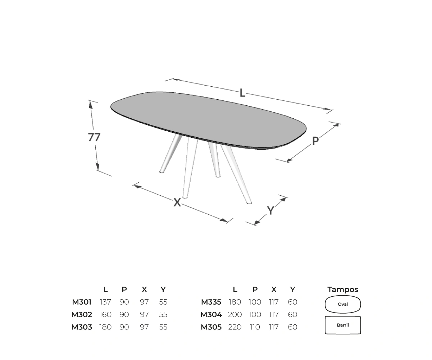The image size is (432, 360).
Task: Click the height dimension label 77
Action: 94,137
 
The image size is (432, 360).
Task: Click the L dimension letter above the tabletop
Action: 242,93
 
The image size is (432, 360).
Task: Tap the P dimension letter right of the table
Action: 315,141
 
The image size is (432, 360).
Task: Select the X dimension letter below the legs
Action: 177,202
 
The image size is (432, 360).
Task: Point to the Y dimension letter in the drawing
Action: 270,210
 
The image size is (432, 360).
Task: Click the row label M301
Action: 82,302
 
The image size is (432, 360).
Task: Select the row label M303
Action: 82,327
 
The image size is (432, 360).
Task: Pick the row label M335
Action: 211,302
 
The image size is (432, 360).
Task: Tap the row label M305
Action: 211,327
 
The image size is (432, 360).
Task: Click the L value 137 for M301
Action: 105,302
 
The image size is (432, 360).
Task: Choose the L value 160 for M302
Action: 105,314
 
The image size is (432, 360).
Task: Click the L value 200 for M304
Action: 235,314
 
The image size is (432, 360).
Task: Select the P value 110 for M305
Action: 255,327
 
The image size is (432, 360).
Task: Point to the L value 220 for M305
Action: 235,327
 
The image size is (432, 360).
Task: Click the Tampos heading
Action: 343,290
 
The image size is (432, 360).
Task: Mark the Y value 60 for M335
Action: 292,302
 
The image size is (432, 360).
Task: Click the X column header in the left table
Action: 144,290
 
